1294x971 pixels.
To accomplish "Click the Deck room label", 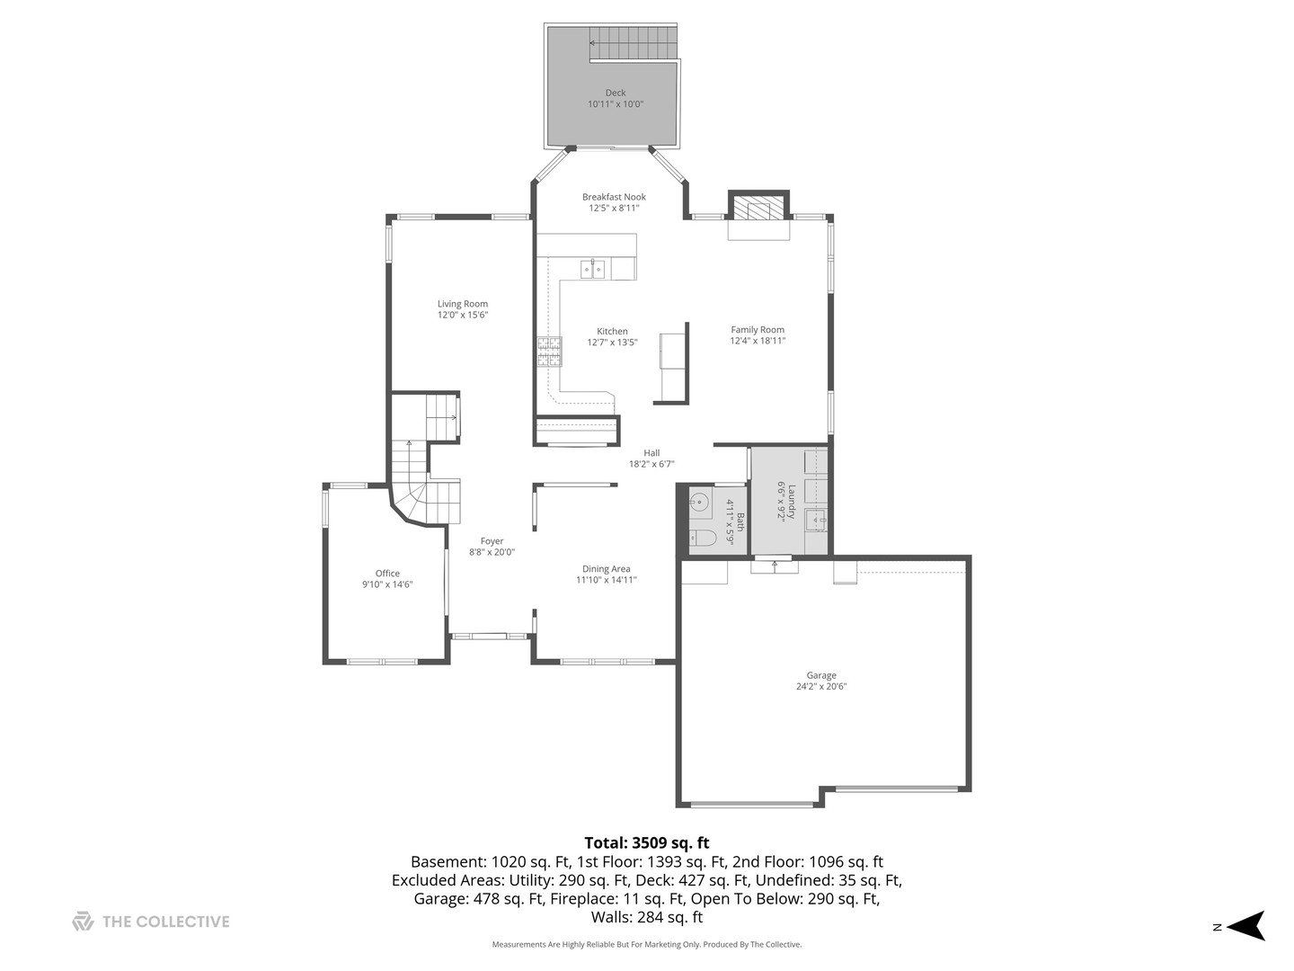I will pos(616,93).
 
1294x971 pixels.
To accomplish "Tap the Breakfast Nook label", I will pos(614,197).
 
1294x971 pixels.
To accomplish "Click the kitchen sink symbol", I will pos(592,268).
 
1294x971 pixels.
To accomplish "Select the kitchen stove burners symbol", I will pos(549,352).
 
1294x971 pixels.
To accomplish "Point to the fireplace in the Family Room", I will pos(758,209).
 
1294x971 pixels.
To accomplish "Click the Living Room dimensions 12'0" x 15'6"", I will pos(463,316).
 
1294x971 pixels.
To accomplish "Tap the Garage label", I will pos(821,675).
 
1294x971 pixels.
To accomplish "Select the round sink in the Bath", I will pos(699,503).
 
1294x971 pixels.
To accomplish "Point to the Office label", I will pos(387,574).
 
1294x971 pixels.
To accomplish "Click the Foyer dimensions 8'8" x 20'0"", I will pos(492,553).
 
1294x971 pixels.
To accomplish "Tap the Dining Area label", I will pos(607,569).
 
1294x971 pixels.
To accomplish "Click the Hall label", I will pos(651,453).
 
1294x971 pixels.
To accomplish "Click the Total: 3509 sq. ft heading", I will pos(647,842).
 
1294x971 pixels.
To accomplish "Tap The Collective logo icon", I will pos(83,922).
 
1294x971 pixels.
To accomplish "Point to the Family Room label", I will pos(758,330).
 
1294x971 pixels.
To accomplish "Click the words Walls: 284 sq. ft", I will pos(647,918).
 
